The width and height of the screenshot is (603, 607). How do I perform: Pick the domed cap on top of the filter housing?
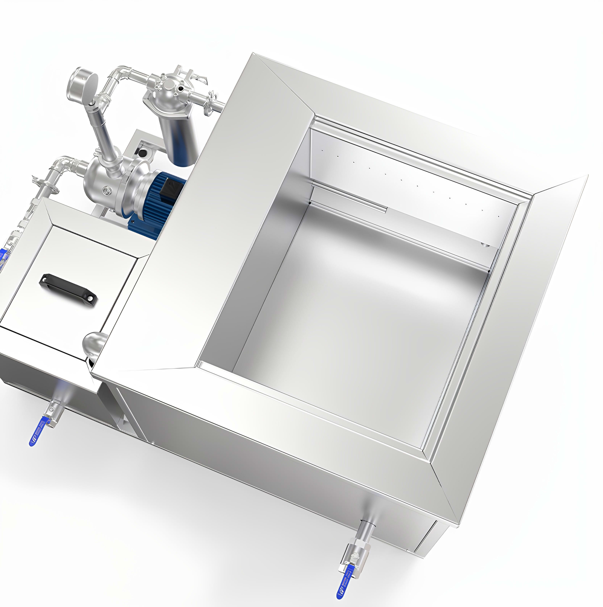pos(169,85)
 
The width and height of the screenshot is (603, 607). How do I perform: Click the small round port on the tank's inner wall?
pos(484,244)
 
